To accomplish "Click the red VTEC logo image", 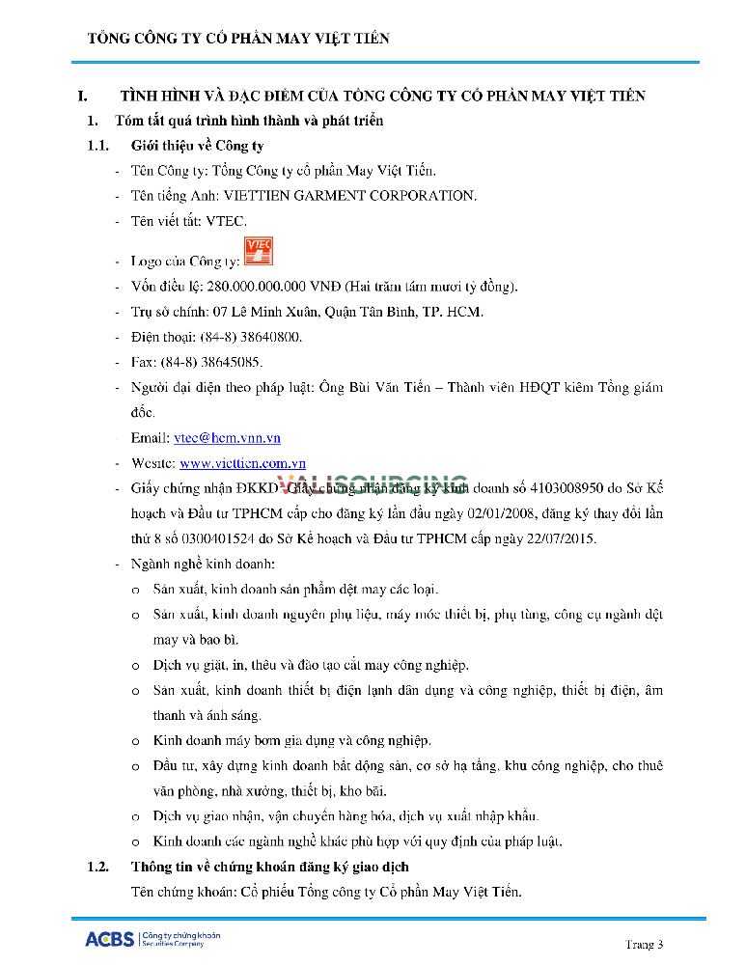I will click(x=259, y=250).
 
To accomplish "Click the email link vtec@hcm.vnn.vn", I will click(x=227, y=438).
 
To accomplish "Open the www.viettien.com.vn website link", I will click(x=242, y=463).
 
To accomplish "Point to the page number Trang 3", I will click(x=645, y=943).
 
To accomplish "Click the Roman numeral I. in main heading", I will click(x=84, y=96).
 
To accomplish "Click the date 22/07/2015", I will click(x=565, y=538).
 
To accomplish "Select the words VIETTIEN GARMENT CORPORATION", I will click(x=350, y=196).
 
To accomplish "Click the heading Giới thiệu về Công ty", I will click(x=197, y=147).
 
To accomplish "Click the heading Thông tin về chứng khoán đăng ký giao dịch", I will click(x=269, y=867).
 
